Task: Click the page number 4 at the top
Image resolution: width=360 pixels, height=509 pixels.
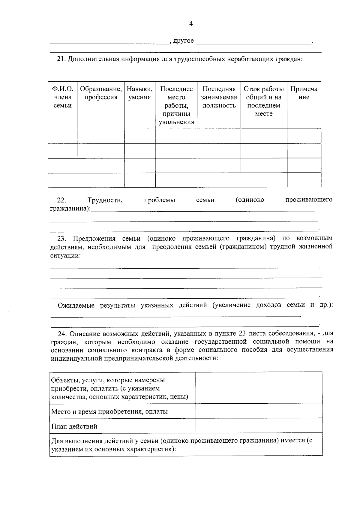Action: pyautogui.click(x=191, y=24)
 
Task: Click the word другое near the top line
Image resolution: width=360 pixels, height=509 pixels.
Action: pyautogui.click(x=184, y=41)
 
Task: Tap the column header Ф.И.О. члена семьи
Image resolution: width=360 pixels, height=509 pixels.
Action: pyautogui.click(x=63, y=97)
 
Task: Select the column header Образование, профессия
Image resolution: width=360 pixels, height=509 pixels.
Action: pyautogui.click(x=101, y=93)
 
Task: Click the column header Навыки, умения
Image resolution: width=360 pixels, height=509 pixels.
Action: pyautogui.click(x=139, y=93)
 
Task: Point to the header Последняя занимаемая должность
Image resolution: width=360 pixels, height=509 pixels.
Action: pyautogui.click(x=219, y=97)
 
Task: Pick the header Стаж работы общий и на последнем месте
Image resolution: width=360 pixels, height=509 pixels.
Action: pyautogui.click(x=264, y=101)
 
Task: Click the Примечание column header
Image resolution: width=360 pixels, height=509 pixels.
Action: pyautogui.click(x=304, y=93)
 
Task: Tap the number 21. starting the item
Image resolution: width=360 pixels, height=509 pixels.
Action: pyautogui.click(x=61, y=59)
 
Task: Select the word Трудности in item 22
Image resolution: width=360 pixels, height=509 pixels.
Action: pyautogui.click(x=105, y=200)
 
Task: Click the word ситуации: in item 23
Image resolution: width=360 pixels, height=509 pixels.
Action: pyautogui.click(x=65, y=256)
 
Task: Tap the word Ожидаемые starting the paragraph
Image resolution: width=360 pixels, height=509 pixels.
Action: pyautogui.click(x=76, y=306)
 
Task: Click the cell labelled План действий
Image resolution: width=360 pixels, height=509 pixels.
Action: pyautogui.click(x=74, y=426)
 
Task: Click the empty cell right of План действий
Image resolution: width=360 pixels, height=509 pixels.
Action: pyautogui.click(x=259, y=426)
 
